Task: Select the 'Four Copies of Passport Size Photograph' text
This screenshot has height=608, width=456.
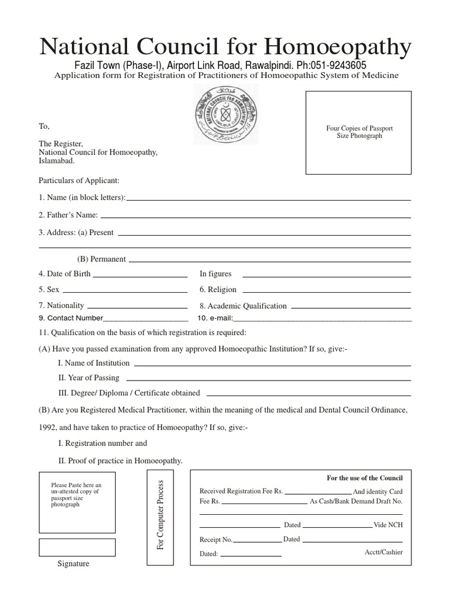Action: click(359, 132)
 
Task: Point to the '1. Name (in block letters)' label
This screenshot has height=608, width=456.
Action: click(82, 197)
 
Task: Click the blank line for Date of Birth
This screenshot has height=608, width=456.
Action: click(140, 276)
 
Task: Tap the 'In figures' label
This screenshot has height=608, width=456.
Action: click(216, 274)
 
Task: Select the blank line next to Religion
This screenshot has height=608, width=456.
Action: click(327, 292)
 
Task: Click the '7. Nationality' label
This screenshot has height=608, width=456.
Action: click(61, 305)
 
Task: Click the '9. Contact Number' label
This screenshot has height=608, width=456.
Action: click(71, 318)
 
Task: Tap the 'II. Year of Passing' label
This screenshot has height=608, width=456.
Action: click(88, 378)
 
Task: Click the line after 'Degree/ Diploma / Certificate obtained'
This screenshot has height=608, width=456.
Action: click(309, 395)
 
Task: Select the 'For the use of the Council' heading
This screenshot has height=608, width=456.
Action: click(365, 478)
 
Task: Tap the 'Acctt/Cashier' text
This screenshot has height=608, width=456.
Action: click(383, 552)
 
